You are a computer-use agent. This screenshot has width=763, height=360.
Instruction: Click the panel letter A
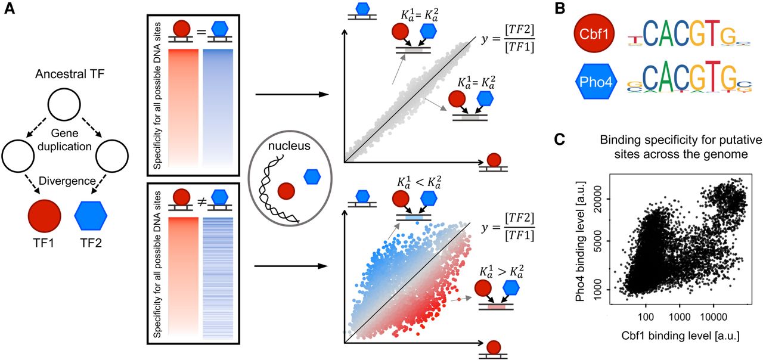click(10, 11)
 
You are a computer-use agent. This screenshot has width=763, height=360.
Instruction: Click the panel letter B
click(560, 10)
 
